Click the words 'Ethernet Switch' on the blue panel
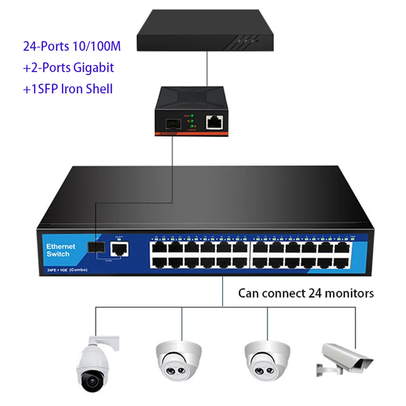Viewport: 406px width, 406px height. coord(61,250)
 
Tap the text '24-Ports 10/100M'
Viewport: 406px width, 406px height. coord(72,46)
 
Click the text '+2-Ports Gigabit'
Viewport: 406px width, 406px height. coord(69,67)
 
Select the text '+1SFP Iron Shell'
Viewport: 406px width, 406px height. coord(68,89)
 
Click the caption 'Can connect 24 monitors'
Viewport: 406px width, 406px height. coord(306,293)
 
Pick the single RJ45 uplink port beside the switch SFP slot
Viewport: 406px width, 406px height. coord(119,248)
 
